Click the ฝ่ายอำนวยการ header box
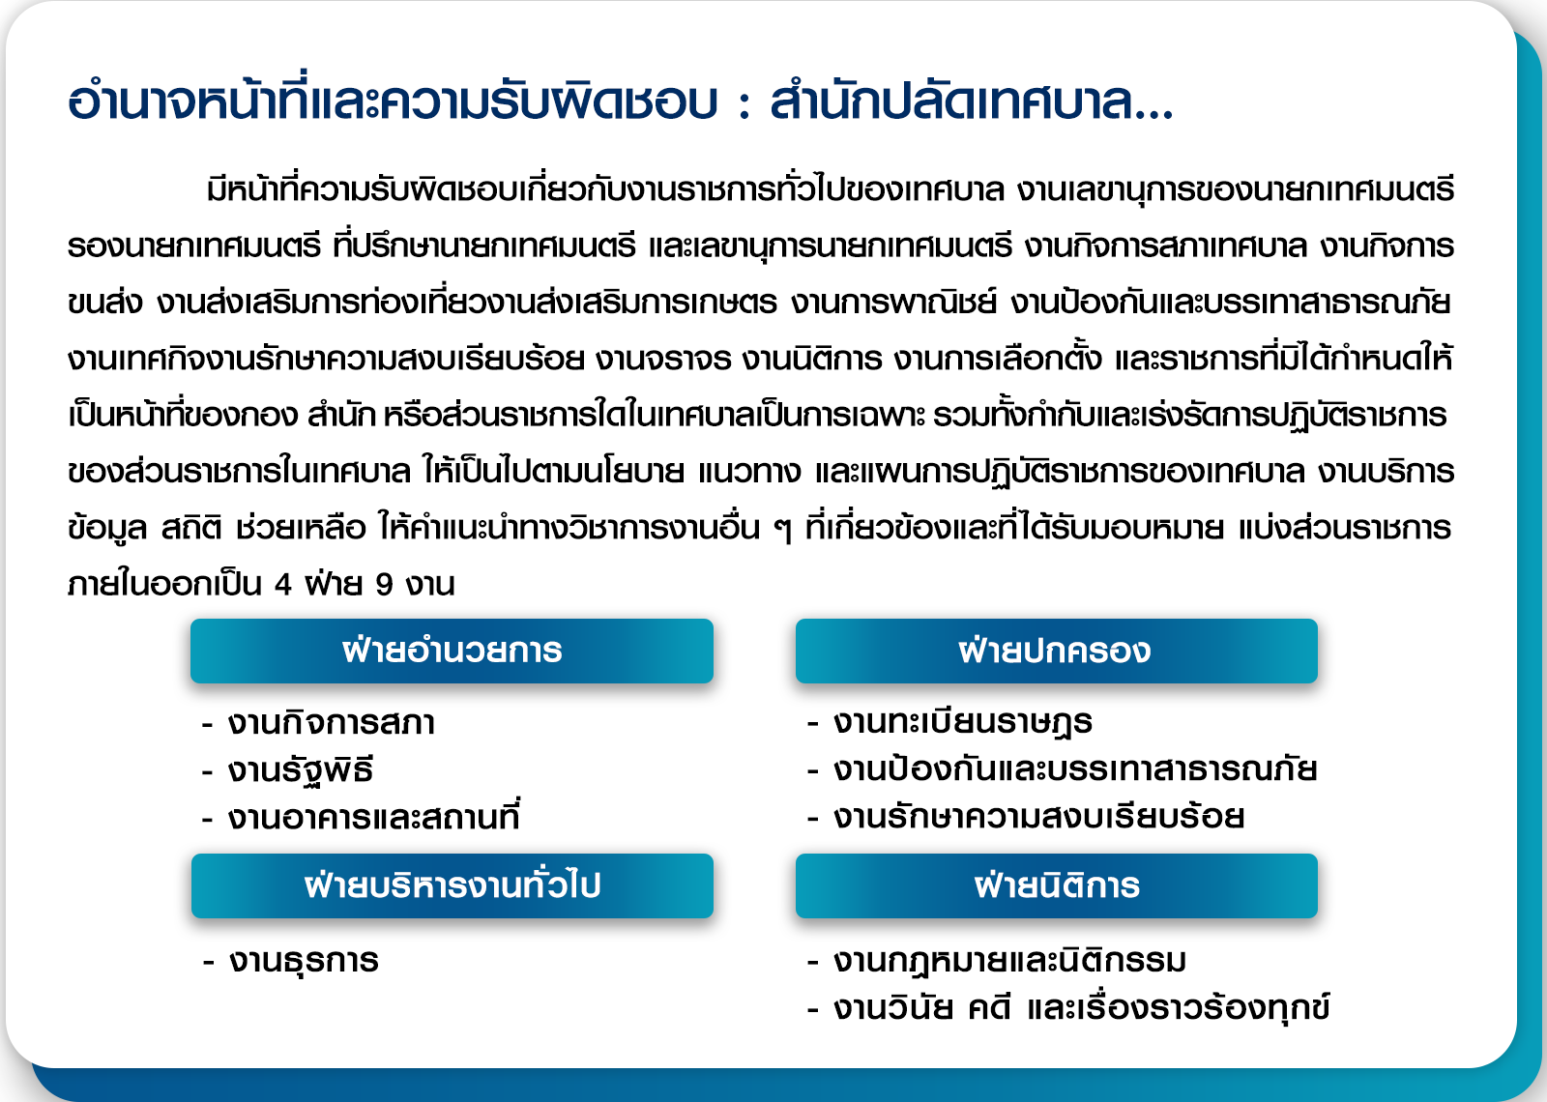(452, 651)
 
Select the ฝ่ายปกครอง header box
(1056, 651)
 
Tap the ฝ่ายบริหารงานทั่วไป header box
(452, 885)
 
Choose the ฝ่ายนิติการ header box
(1056, 885)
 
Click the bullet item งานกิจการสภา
(332, 723)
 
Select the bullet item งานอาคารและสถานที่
(373, 816)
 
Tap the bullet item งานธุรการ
(304, 961)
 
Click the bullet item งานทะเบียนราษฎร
(963, 723)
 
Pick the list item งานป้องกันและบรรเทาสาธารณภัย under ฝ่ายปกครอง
(1075, 768)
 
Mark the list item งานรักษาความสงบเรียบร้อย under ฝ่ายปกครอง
(1038, 816)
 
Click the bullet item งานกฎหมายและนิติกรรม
(1009, 961)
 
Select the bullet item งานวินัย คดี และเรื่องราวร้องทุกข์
(1082, 1006)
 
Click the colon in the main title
(744, 105)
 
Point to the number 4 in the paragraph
(282, 584)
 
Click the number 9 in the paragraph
(384, 584)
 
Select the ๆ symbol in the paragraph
(782, 531)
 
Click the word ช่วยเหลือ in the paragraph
(301, 528)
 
